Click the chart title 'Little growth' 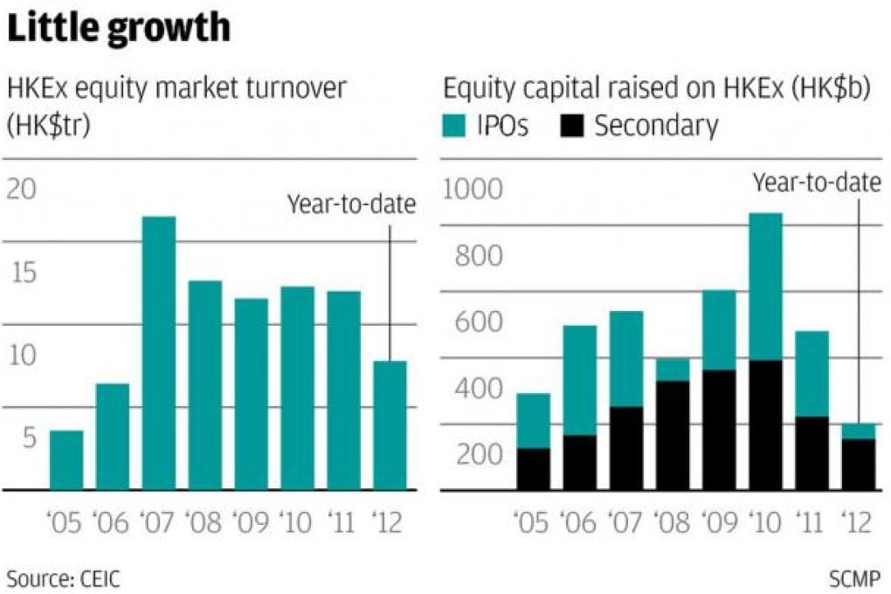click(119, 29)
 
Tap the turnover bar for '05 click(66, 460)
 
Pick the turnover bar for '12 click(390, 425)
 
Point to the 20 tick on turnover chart click(24, 190)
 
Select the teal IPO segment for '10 click(765, 287)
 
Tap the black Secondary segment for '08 click(673, 435)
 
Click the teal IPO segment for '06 click(580, 380)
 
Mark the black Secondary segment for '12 click(858, 464)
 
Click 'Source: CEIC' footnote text click(64, 577)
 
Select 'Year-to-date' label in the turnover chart click(351, 205)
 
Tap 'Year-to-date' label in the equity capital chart click(816, 182)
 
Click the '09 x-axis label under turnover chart click(252, 523)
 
